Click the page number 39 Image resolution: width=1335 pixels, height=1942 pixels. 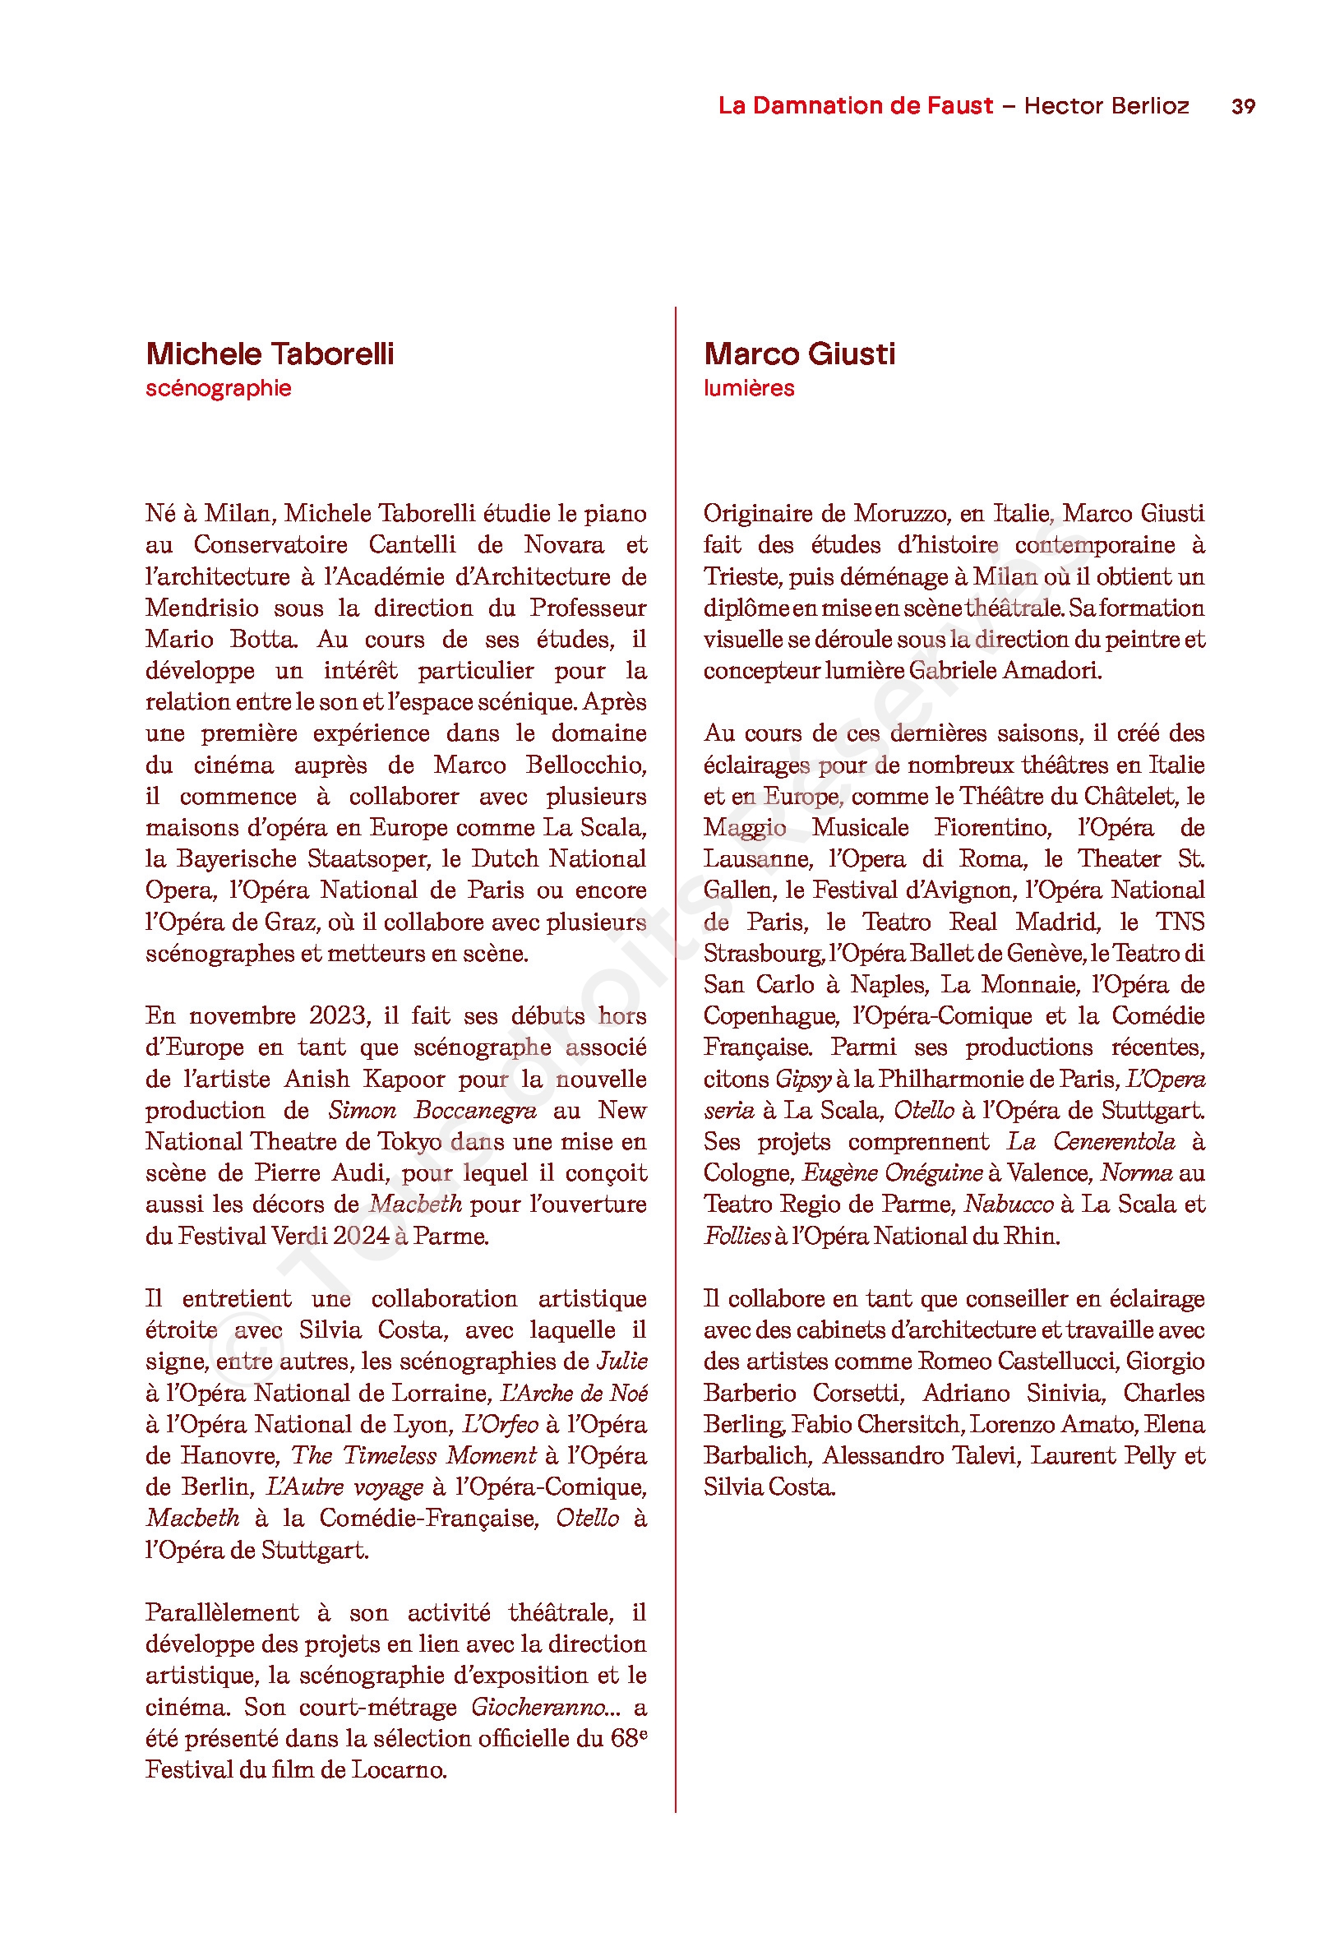pos(1242,106)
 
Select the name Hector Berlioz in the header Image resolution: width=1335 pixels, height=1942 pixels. pos(1106,105)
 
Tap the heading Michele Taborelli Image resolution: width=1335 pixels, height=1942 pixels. pos(270,354)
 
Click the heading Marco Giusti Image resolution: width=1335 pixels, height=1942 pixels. pos(799,354)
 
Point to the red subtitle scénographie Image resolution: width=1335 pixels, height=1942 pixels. pos(219,388)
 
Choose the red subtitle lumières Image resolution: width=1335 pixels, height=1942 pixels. pos(749,388)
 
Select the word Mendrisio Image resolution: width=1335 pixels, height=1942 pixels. pos(201,608)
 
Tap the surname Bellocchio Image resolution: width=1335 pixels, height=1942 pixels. pos(585,765)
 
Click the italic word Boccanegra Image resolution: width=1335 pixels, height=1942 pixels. pos(475,1110)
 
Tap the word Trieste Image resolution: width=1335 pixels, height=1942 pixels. pos(741,576)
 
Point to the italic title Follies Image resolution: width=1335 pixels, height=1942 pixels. pos(736,1235)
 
